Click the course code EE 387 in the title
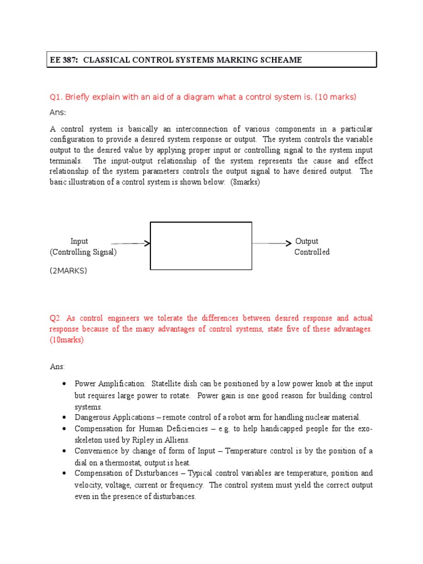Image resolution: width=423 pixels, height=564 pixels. (x=63, y=60)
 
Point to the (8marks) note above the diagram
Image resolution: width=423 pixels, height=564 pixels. (x=245, y=182)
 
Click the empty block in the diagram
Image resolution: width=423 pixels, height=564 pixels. (x=200, y=246)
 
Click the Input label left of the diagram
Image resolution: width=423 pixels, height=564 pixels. (x=79, y=241)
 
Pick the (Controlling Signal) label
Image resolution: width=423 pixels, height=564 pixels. (x=83, y=252)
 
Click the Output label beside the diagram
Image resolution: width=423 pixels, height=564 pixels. (x=307, y=241)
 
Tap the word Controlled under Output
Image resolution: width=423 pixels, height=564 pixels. (x=312, y=252)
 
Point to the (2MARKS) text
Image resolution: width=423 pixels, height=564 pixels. (x=68, y=271)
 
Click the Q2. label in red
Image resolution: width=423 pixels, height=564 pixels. (x=55, y=318)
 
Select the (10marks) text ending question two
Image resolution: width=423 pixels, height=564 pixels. (x=67, y=340)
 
